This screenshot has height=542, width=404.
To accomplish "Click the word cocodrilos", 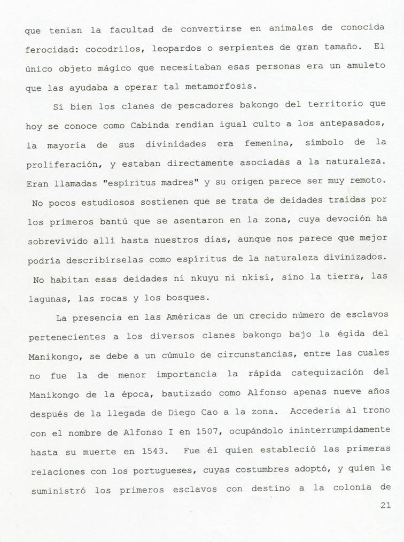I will coord(100,50).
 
